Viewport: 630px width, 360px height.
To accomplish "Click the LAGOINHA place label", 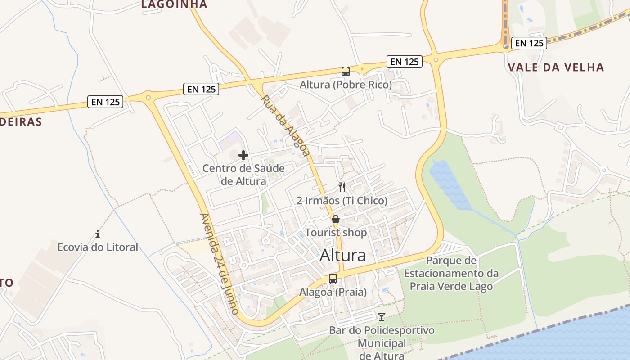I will pos(174,4).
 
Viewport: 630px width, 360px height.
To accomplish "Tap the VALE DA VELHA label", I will pos(556,67).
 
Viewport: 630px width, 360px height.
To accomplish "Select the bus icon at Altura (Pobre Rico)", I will pos(346,71).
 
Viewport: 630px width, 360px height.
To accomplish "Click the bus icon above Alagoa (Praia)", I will pos(333,279).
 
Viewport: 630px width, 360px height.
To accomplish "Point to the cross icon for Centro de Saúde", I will pos(243,156).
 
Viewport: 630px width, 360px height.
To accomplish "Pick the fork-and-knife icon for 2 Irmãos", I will pos(342,187).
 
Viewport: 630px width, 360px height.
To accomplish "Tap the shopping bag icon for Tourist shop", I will pos(336,220).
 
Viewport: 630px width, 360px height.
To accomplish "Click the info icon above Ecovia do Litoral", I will pos(98,234).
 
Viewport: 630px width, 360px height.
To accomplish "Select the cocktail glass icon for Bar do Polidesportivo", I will pos(382,317).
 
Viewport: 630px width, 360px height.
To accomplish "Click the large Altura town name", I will pos(343,255).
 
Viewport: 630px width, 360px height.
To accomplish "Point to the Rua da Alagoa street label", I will pos(285,126).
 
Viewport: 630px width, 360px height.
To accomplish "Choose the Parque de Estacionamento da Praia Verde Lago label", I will pos(451,273).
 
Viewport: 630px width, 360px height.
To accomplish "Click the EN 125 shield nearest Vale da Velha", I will pos(530,43).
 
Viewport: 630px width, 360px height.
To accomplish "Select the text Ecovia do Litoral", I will pos(98,247).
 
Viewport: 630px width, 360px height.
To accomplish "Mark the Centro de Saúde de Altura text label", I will pos(243,175).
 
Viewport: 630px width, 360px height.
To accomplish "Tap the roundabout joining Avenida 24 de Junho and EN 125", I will pos(148,97).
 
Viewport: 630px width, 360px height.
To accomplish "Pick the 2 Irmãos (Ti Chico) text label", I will pos(342,201).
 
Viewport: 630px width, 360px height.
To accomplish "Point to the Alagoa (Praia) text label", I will pos(333,292).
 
